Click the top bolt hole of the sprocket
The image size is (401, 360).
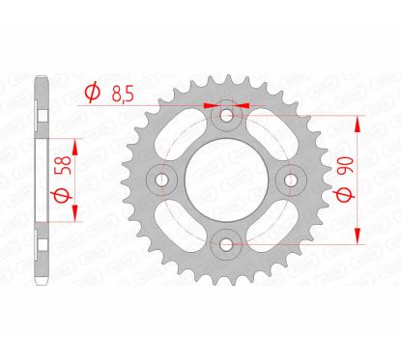pos(227,117)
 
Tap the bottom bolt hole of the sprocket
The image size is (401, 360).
pos(227,242)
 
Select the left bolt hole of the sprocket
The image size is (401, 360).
pos(164,180)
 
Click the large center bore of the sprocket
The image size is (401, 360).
pos(227,180)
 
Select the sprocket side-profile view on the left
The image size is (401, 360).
pos(39,180)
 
